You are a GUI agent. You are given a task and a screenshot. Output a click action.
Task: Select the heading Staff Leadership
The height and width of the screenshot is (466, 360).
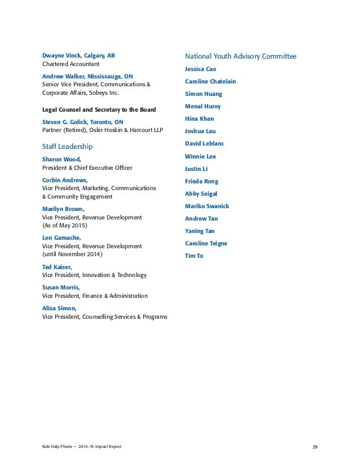coord(67,147)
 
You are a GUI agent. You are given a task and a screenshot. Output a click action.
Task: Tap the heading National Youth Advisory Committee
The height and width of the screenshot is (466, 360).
coord(240,56)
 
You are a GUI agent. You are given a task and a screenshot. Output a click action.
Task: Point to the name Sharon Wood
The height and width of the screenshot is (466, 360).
coord(62,160)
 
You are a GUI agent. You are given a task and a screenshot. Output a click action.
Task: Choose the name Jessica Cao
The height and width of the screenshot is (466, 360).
coord(200,69)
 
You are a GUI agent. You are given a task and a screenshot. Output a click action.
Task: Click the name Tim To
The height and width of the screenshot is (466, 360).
coord(194,256)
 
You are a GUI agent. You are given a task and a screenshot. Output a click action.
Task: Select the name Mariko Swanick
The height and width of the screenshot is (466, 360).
coord(207,206)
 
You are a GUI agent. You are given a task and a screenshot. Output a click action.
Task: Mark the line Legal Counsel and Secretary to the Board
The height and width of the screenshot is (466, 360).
coord(99,109)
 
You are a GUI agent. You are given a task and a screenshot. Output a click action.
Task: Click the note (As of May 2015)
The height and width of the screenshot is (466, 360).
coord(65,225)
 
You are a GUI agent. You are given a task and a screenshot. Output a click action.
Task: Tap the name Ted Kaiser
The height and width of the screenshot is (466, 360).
coord(57,267)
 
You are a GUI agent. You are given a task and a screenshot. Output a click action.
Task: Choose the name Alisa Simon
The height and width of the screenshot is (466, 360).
coord(59,308)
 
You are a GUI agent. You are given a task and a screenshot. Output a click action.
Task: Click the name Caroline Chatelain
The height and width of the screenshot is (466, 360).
coord(210,82)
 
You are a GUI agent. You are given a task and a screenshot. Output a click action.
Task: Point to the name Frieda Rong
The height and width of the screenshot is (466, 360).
coord(201,182)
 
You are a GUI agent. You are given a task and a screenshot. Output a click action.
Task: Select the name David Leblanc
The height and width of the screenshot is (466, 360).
coord(204,144)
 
